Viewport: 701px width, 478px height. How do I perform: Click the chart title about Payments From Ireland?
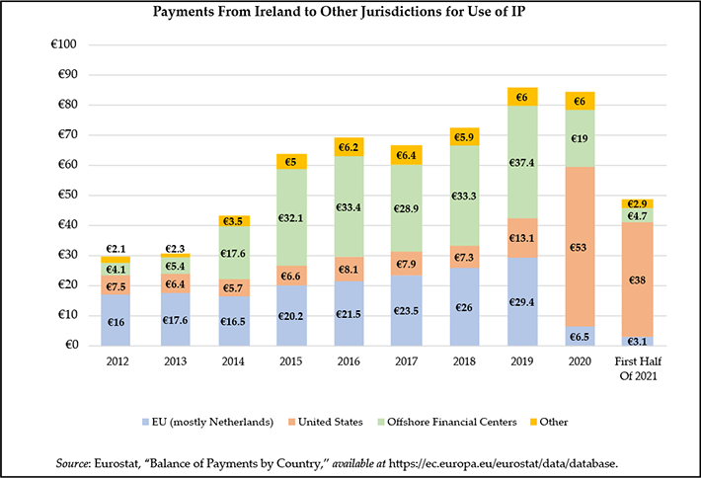350,13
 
